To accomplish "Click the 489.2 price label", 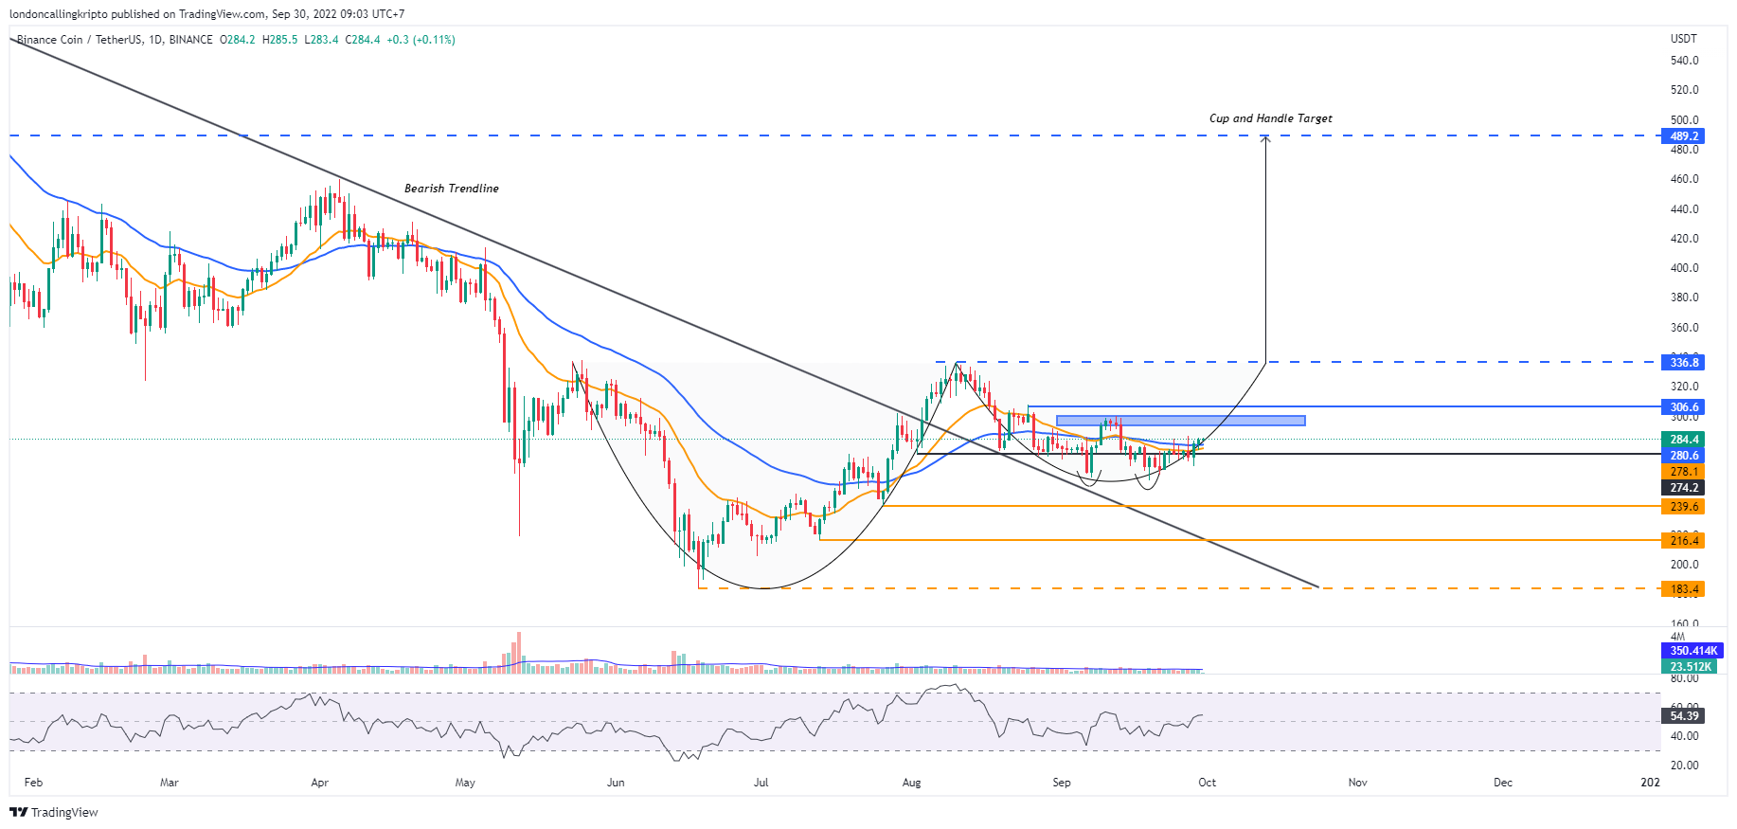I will [1683, 136].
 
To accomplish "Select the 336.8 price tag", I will [1683, 362].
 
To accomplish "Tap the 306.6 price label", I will [1683, 407].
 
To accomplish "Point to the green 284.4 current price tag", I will [1683, 440].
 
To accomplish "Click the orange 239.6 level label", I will [1683, 507].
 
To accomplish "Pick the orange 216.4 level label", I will [1683, 541].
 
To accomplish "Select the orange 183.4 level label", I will [1683, 589].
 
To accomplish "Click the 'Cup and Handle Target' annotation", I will [1270, 118].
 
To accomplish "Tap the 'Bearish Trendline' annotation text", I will [451, 189].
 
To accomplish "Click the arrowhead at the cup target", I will [1265, 139].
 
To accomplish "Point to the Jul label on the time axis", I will [761, 783].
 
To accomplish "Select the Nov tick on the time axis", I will [1357, 783].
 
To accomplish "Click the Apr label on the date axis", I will [319, 783].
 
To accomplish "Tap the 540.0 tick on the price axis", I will [1684, 61].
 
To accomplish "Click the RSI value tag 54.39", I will [1683, 716].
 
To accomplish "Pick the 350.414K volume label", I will [1692, 651].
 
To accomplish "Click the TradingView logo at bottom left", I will [54, 813].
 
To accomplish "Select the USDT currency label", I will [1683, 39].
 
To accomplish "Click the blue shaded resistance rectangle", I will [1180, 421].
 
